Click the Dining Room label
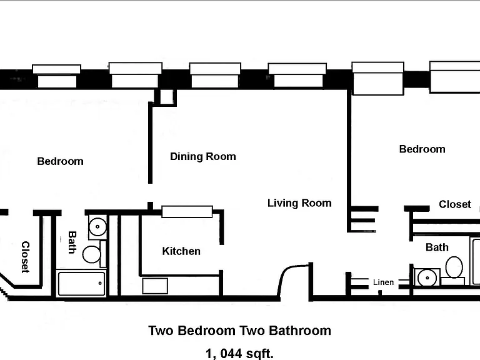(x=203, y=156)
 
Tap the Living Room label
(x=299, y=203)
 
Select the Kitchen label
(x=181, y=251)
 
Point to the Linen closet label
(x=383, y=282)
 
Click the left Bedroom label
(x=60, y=161)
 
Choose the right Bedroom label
(x=422, y=149)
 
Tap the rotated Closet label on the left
(x=26, y=257)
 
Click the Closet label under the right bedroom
(x=454, y=204)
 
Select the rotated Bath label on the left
(x=72, y=242)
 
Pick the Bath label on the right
(x=437, y=247)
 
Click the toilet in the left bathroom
(x=92, y=254)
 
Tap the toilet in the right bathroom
(x=454, y=267)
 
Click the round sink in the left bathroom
(x=97, y=227)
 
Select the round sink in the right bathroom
(x=427, y=277)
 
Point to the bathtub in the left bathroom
(x=81, y=284)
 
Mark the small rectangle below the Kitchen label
(x=155, y=286)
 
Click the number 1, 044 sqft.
(x=239, y=354)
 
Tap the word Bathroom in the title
(x=300, y=331)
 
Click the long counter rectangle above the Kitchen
(x=187, y=211)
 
